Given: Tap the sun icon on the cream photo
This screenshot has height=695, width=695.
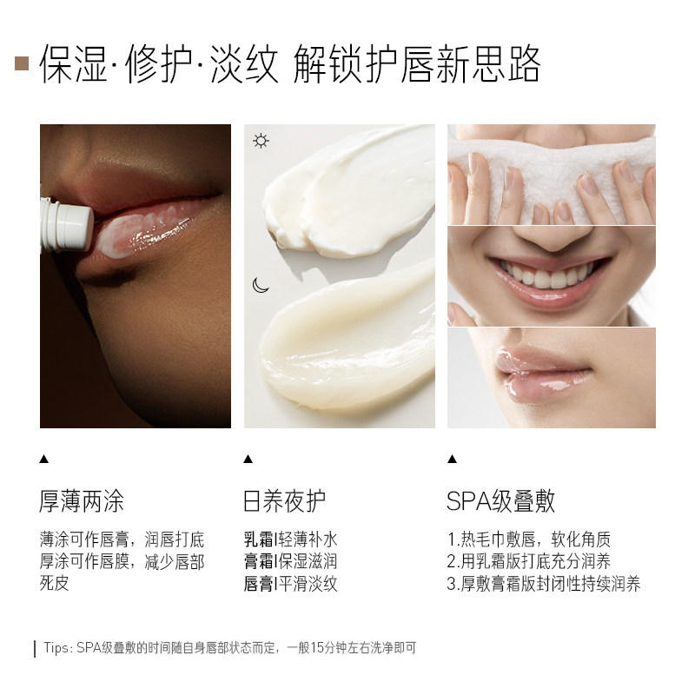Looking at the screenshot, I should [261, 141].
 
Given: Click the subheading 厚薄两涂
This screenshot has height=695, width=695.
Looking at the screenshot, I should [83, 501].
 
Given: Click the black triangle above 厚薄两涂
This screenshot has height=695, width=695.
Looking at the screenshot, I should [44, 459].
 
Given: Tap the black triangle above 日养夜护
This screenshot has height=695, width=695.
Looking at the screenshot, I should [248, 459].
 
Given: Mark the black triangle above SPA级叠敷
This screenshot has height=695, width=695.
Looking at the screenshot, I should [452, 459].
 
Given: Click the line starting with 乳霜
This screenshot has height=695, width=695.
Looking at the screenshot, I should [290, 539].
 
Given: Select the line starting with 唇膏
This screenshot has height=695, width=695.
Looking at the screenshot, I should [290, 584].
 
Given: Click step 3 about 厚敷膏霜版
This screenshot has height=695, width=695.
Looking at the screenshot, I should [544, 584].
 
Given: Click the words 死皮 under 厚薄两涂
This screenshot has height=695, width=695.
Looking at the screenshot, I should [54, 584].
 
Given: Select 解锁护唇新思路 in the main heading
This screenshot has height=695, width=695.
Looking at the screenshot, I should [417, 63].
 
